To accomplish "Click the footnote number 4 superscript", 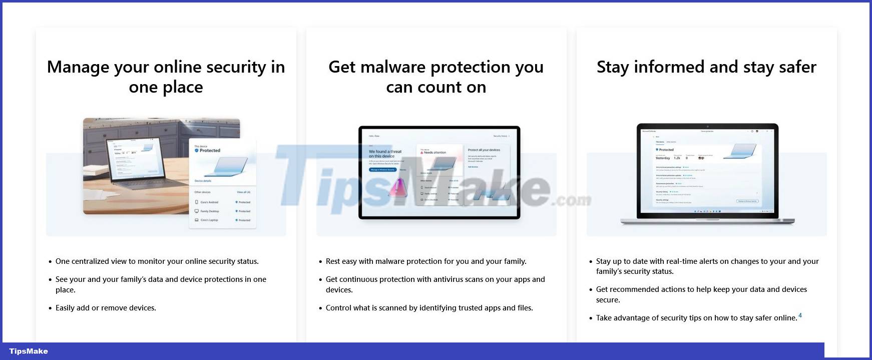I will pos(800,315).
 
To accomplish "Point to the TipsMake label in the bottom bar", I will pos(29,351).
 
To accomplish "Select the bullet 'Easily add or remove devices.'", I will pos(106,308).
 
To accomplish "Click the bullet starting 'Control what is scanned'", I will pos(429,308).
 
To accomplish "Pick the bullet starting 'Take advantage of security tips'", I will pos(696,318).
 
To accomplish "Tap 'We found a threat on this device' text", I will pos(385,154).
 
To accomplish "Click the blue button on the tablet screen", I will pos(383,170).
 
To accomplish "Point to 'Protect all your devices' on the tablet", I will pos(484,150).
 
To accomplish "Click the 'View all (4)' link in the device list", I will pos(243,192).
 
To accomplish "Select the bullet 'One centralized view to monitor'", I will pos(157,261).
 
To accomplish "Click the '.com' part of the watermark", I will pos(572,200).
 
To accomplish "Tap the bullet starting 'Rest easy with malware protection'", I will pos(425,261).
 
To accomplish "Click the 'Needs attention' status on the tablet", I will pos(434,152).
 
